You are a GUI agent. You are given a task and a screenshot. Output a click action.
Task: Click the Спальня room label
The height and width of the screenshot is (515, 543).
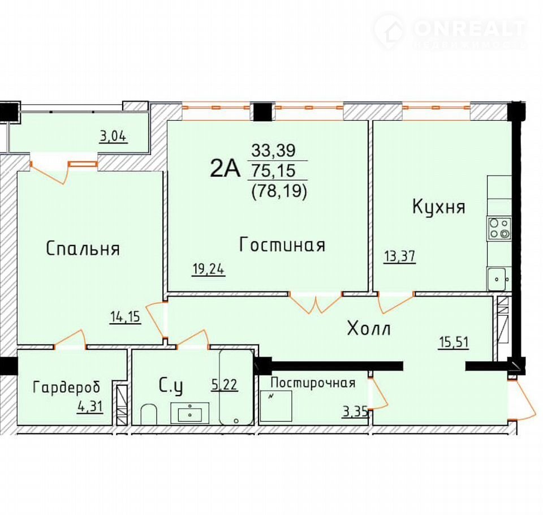tap(83, 248)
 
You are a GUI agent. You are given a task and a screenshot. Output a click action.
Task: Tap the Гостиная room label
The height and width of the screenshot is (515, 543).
tap(282, 244)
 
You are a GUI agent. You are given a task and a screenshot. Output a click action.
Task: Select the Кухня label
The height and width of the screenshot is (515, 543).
tap(439, 207)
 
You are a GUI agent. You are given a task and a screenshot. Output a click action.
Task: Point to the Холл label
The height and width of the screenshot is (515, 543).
tap(369, 328)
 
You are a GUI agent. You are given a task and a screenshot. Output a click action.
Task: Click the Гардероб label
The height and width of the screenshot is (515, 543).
tap(67, 387)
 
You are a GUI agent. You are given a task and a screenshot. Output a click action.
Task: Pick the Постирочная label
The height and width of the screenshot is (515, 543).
tap(313, 383)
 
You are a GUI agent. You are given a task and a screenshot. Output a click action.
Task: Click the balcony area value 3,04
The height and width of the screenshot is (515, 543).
tap(113, 136)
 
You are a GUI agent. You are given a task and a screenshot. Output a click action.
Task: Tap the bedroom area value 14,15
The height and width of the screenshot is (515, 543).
tap(126, 317)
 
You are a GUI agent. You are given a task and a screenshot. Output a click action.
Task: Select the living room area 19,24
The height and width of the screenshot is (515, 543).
tap(209, 269)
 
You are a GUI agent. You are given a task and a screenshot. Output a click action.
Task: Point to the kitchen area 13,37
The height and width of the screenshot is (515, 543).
tap(400, 256)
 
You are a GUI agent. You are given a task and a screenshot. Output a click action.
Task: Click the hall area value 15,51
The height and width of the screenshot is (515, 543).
tap(454, 342)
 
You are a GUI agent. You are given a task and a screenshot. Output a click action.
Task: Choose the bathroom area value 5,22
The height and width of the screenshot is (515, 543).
tap(225, 384)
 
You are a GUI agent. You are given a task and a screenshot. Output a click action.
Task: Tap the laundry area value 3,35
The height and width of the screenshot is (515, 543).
tap(355, 412)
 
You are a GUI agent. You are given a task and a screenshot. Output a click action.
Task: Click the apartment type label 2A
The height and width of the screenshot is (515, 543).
tap(225, 169)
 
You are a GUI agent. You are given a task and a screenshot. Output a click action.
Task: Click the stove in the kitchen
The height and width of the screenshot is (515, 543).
tap(499, 229)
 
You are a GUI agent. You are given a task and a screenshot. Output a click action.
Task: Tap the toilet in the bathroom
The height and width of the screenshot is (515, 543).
tap(149, 414)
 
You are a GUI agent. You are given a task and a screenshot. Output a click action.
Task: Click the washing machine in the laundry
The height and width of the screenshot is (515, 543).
tap(275, 406)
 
